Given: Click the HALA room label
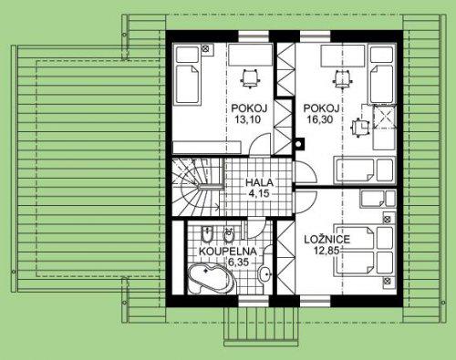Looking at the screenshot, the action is [259, 183].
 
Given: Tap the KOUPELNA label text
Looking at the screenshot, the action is [228, 252].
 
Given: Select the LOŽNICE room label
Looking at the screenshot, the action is [327, 240].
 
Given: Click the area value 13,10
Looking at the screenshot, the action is [248, 119].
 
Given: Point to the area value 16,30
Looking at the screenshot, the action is [320, 119].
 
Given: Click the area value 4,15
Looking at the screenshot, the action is [259, 193].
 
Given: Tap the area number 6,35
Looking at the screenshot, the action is [238, 262].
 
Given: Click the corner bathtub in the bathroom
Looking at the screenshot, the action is [212, 279].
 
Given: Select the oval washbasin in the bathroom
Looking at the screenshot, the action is [265, 274].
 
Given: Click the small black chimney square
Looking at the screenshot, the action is [299, 144].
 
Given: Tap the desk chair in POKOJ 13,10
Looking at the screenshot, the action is [251, 78].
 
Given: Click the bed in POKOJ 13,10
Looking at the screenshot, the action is [188, 76].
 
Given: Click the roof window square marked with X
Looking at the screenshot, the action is [385, 117].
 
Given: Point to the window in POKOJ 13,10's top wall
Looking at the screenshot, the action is [254, 36].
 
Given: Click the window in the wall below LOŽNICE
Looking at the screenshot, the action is [316, 301].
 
